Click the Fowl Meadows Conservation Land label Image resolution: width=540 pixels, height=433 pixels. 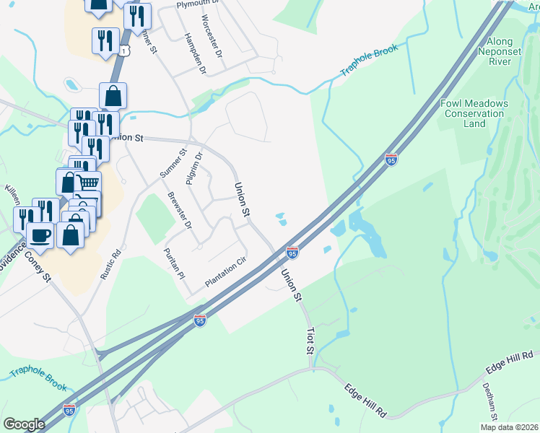point(474,113)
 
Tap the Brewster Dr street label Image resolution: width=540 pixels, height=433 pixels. point(180,211)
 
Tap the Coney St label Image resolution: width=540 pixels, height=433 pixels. point(36,266)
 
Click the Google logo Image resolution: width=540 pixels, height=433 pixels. point(24,424)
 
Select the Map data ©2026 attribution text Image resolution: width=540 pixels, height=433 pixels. point(508,427)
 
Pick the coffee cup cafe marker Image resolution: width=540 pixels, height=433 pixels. point(39,235)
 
